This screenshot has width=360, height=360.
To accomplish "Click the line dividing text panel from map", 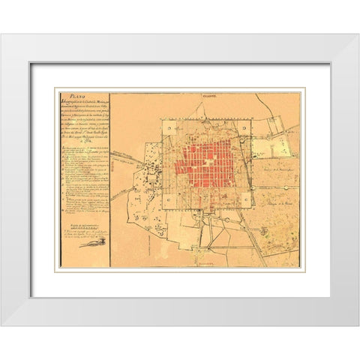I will coord(110,180).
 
